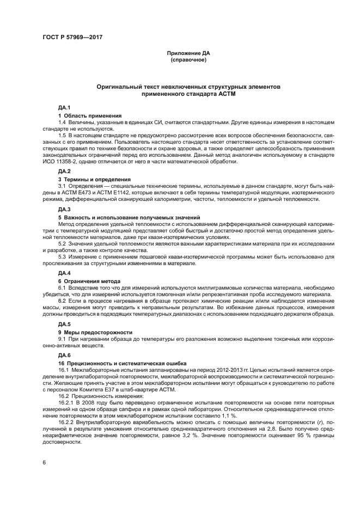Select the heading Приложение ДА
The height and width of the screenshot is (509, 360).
point(188,53)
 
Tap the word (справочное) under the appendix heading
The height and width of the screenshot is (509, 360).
point(188,59)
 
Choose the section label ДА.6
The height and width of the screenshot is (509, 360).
point(64,354)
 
